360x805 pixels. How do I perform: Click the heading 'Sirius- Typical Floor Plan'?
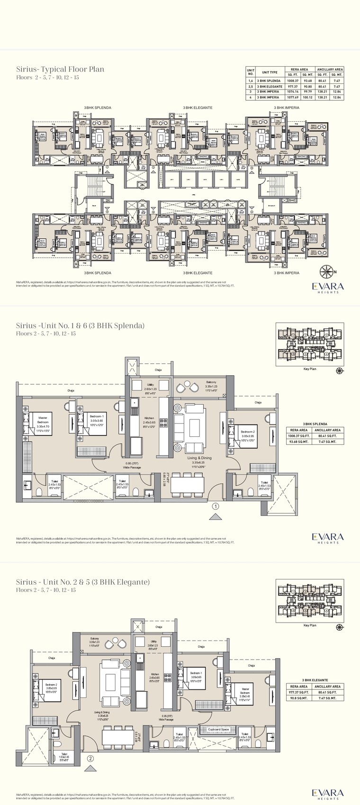(60, 69)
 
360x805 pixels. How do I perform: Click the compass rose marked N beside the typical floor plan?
(326, 271)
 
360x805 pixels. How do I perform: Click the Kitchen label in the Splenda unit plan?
(149, 418)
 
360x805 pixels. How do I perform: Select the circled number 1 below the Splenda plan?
(216, 507)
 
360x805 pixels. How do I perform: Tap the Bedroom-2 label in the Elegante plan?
(51, 685)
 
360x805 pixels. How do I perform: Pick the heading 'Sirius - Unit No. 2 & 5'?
(82, 582)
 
